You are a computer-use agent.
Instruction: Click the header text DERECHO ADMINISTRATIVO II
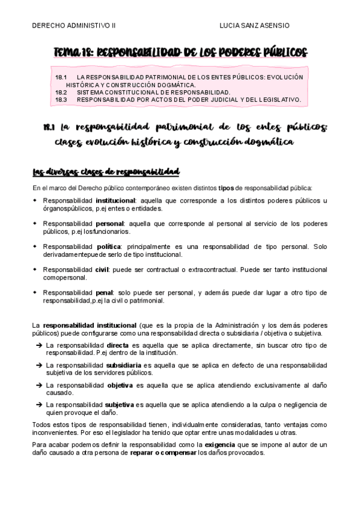pyautogui.click(x=74, y=25)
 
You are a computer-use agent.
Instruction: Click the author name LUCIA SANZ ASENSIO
pyautogui.click(x=255, y=25)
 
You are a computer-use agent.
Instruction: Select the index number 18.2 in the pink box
pyautogui.click(x=61, y=92)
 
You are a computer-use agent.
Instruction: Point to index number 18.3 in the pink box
pyautogui.click(x=61, y=99)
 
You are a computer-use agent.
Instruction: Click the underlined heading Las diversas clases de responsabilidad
pyautogui.click(x=106, y=173)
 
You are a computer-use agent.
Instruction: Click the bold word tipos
pyautogui.click(x=226, y=188)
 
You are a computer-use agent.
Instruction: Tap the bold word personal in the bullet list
pyautogui.click(x=109, y=223)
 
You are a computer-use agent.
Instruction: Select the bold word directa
pyautogui.click(x=117, y=346)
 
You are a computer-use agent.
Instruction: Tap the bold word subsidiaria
pyautogui.click(x=124, y=365)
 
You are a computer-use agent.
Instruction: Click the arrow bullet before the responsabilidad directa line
pyautogui.click(x=38, y=346)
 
